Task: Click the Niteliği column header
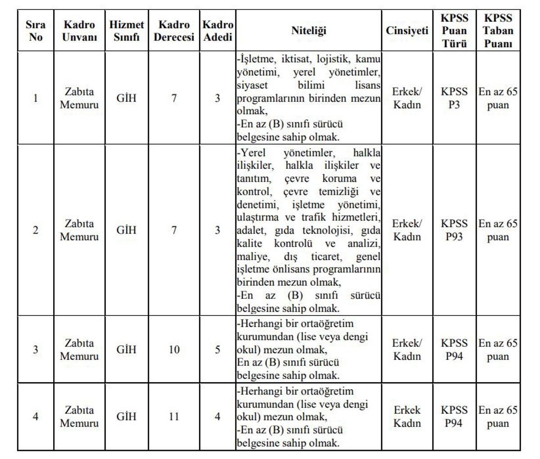pyautogui.click(x=308, y=31)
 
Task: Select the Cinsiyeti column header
pyautogui.click(x=407, y=31)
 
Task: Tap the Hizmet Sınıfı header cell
pyautogui.click(x=126, y=31)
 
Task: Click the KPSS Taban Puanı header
pyautogui.click(x=498, y=31)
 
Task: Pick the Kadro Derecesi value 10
pyautogui.click(x=174, y=350)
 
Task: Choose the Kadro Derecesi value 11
pyautogui.click(x=174, y=417)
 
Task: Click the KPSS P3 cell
pyautogui.click(x=454, y=98)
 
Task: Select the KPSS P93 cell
pyautogui.click(x=454, y=230)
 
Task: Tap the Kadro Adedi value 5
pyautogui.click(x=217, y=350)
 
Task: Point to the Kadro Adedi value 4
pyautogui.click(x=217, y=417)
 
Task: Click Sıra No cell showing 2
pyautogui.click(x=36, y=230)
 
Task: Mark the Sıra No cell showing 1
pyautogui.click(x=36, y=98)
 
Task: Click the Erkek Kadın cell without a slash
pyautogui.click(x=407, y=417)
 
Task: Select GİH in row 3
pyautogui.click(x=126, y=350)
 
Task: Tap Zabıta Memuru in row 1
pyautogui.click(x=79, y=98)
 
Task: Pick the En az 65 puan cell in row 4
pyautogui.click(x=498, y=417)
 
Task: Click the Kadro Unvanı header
pyautogui.click(x=79, y=31)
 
